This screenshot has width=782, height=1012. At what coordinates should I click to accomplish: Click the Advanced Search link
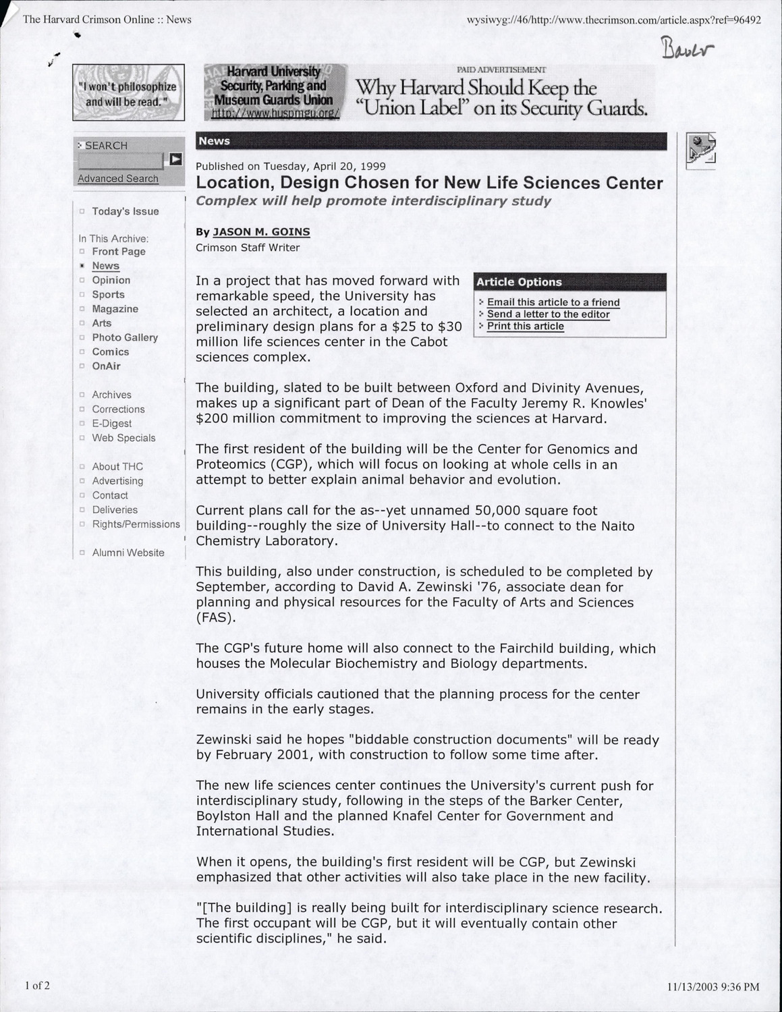[x=118, y=178]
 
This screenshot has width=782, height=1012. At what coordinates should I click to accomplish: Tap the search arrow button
[x=175, y=159]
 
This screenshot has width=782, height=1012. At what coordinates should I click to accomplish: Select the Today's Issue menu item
[x=125, y=211]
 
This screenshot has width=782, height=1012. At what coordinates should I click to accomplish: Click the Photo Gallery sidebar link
[x=125, y=337]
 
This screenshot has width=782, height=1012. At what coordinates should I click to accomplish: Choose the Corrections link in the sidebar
[x=118, y=409]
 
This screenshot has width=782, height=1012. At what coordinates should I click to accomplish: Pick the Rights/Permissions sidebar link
[x=136, y=524]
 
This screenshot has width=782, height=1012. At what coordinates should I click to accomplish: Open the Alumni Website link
[x=128, y=553]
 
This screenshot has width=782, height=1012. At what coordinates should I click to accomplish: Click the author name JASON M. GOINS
[x=261, y=231]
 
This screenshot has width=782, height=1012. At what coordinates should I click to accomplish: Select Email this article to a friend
[x=553, y=302]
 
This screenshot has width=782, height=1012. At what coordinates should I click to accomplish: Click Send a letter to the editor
[x=548, y=314]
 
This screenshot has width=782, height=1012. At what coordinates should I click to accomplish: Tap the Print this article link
[x=525, y=327]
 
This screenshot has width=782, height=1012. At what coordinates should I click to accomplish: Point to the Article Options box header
[x=569, y=282]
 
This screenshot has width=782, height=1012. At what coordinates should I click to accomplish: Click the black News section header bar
[x=430, y=141]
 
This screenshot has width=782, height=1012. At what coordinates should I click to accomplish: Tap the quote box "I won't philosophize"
[x=128, y=92]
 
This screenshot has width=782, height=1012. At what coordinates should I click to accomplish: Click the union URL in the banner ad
[x=275, y=113]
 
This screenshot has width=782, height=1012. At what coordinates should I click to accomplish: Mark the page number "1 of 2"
[x=37, y=985]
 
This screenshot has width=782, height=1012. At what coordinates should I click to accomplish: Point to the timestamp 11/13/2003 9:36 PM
[x=713, y=987]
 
